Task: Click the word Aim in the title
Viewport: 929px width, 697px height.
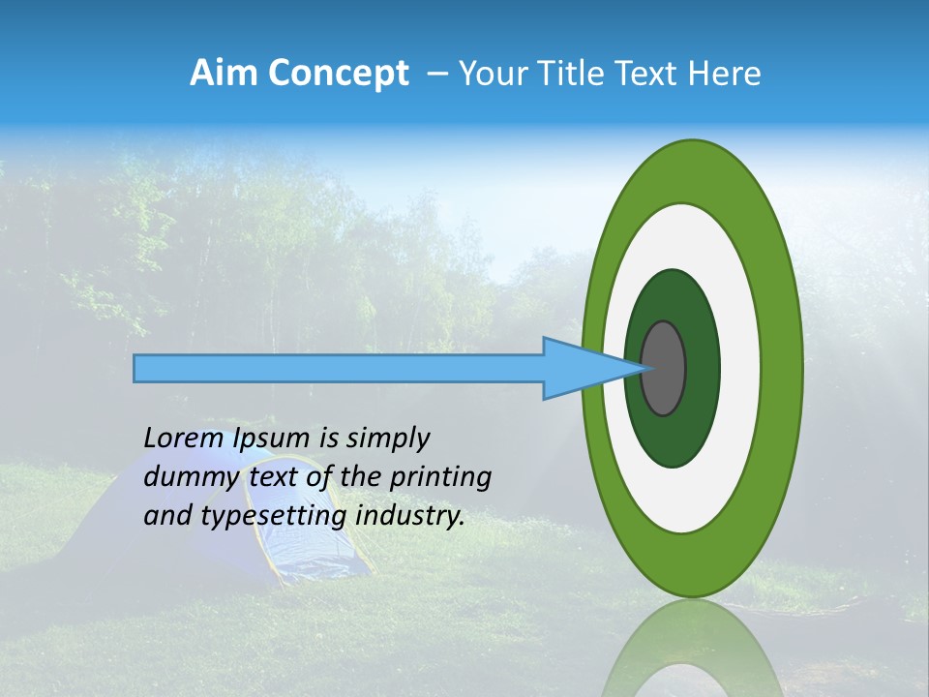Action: [225, 74]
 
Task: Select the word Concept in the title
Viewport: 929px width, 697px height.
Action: [339, 74]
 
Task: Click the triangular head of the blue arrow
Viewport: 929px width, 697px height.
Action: [581, 369]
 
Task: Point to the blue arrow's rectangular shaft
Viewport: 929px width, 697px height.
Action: [339, 369]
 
